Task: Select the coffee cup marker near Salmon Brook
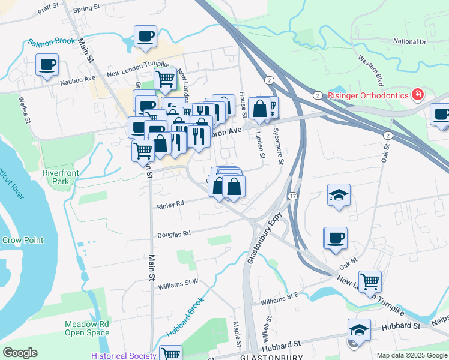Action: pyautogui.click(x=145, y=37)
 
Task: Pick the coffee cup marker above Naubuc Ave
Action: pyautogui.click(x=47, y=64)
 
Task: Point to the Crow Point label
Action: pyautogui.click(x=23, y=240)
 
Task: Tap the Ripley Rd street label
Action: pyautogui.click(x=170, y=205)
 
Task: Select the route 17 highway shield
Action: pyautogui.click(x=292, y=197)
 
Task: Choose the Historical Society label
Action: pyautogui.click(x=124, y=355)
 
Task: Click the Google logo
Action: pyautogui.click(x=20, y=353)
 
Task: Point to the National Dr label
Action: pyautogui.click(x=409, y=41)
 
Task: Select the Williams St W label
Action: pyautogui.click(x=178, y=284)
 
